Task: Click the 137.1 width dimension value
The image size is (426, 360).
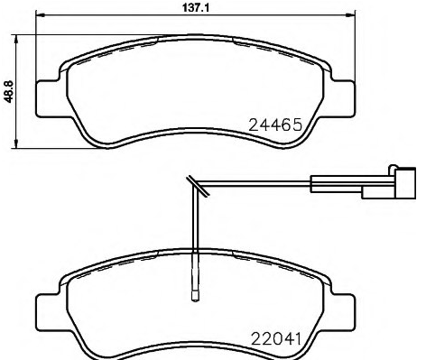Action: [196, 7]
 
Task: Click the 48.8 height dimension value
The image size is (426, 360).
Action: [9, 92]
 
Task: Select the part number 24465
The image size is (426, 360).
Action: [275, 125]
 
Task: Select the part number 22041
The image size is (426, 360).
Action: [276, 339]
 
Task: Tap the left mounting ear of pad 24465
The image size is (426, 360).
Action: [48, 98]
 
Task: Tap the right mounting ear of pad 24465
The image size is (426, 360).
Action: [343, 98]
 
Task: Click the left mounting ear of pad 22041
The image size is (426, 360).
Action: [48, 313]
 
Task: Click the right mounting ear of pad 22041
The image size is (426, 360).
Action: [343, 313]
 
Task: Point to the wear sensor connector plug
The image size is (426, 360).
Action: [389, 183]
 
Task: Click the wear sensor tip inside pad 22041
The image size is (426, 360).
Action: [195, 295]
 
